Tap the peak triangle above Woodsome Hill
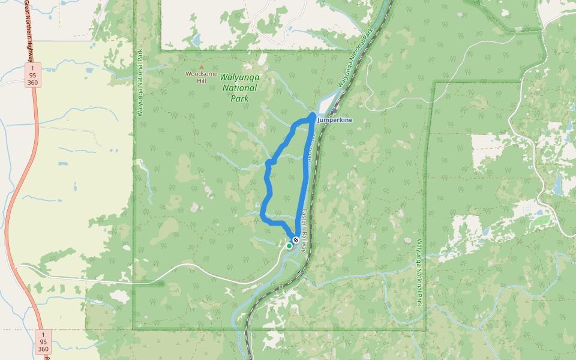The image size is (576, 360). pyautogui.click(x=202, y=67)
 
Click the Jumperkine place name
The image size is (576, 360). pyautogui.click(x=336, y=120)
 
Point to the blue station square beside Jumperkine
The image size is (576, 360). pyautogui.click(x=315, y=119)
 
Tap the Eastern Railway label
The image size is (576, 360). pyautogui.click(x=305, y=230)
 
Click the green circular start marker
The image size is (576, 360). pyautogui.click(x=289, y=245)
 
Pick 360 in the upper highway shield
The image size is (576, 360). pyautogui.click(x=34, y=82)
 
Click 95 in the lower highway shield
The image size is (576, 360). pyautogui.click(x=43, y=341)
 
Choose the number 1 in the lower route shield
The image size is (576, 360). pyautogui.click(x=43, y=334)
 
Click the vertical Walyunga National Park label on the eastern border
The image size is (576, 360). pyautogui.click(x=418, y=273)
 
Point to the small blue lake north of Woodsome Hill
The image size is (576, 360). pyautogui.click(x=197, y=41)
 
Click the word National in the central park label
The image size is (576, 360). pyautogui.click(x=239, y=88)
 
